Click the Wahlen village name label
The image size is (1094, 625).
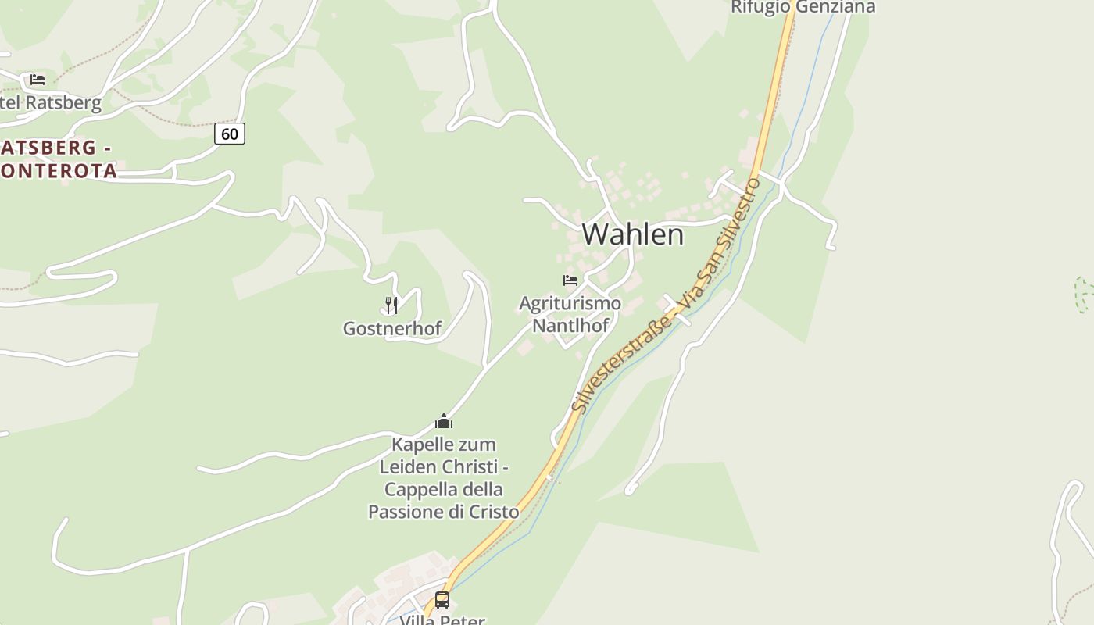(x=632, y=234)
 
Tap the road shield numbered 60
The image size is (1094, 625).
(x=230, y=134)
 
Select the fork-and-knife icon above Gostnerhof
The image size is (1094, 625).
(x=391, y=305)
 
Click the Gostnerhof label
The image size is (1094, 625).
(x=392, y=329)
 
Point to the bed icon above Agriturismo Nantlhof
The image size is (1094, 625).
(x=570, y=280)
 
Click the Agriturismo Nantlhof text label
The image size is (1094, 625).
(x=570, y=314)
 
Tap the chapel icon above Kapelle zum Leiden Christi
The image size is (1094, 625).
(x=444, y=422)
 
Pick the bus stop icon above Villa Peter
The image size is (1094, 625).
(x=442, y=600)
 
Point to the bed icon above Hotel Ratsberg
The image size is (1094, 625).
(x=38, y=80)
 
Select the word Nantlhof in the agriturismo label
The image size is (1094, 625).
(x=570, y=326)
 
